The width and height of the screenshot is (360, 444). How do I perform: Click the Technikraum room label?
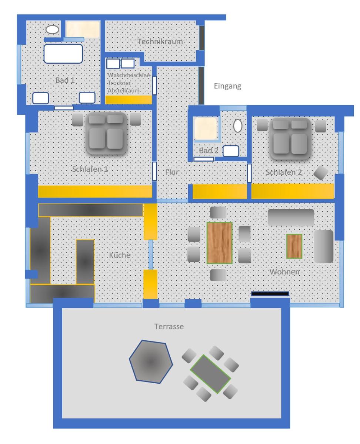click(x=160, y=42)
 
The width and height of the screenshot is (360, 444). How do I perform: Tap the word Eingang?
click(x=228, y=87)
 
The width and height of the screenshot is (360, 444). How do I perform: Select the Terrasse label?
click(x=169, y=327)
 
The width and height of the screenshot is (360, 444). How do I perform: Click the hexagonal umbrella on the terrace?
click(x=151, y=361)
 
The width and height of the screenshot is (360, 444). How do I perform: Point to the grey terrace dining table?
click(x=210, y=374)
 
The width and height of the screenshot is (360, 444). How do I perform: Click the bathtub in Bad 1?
click(x=63, y=54)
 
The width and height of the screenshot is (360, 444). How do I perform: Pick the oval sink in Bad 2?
click(x=238, y=126)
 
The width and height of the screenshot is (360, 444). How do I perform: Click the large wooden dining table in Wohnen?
click(x=219, y=243)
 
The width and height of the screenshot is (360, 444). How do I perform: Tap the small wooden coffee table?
click(x=294, y=246)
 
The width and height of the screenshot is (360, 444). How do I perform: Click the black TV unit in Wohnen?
click(x=270, y=294)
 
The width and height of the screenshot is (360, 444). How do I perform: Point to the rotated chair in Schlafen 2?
click(x=321, y=173)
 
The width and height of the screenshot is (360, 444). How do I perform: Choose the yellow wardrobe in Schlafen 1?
click(x=95, y=191)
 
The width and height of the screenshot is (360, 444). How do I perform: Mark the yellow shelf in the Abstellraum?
click(x=129, y=100)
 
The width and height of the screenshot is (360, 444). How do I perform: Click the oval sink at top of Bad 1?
click(x=53, y=30)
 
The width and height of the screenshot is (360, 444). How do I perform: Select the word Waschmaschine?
click(x=129, y=75)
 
